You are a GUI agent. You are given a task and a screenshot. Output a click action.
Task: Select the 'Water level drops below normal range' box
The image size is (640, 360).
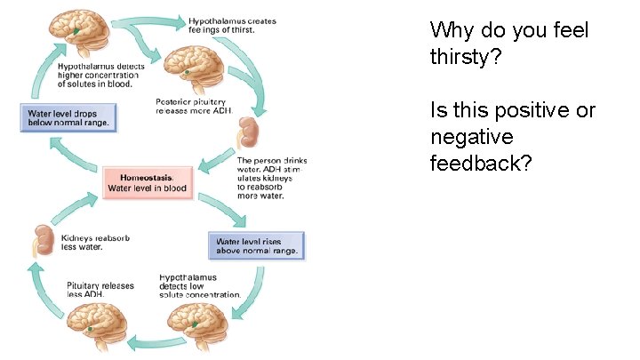68,118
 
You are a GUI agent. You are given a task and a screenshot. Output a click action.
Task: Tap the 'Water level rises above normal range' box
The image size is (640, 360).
256,245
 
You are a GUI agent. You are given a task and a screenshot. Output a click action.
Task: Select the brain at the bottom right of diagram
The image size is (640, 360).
199,322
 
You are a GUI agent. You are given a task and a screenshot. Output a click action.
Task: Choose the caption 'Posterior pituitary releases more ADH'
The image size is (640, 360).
195,105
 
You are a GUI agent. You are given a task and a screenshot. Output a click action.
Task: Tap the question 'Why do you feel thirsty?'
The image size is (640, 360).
508,42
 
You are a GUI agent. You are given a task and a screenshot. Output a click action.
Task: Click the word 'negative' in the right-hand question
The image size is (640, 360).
471,138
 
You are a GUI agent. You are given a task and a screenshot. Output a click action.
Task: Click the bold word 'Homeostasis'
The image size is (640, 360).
147,177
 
